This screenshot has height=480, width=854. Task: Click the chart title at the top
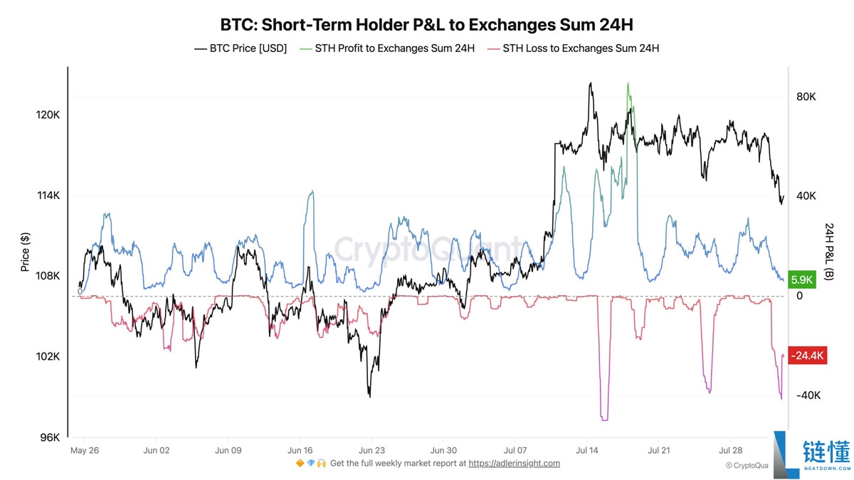pos(427,25)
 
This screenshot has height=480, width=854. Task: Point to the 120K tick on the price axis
pos(48,115)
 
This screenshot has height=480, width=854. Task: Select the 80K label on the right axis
pos(806,96)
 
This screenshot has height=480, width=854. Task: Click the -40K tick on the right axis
pos(808,395)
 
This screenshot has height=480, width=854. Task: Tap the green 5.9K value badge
pos(801,280)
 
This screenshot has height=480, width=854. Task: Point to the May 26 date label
pos(85,450)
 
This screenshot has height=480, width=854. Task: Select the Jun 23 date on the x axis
pos(371,450)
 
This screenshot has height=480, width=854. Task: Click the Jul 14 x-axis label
pos(587,450)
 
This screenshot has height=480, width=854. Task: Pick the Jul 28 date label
pos(731,450)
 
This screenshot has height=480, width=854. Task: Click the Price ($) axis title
pos(26,252)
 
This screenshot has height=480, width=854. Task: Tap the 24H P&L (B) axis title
pos(830,253)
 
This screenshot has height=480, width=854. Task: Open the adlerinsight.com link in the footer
pos(514,463)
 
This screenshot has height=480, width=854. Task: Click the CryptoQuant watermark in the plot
pos(427,250)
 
